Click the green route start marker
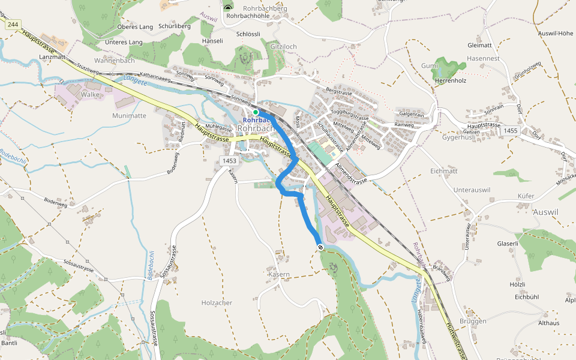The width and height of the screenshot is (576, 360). click(256, 112)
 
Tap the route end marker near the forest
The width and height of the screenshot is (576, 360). click(321, 247)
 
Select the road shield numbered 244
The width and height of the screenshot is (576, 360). click(12, 24)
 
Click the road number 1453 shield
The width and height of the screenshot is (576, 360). click(229, 161)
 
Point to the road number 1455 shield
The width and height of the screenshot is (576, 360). click(511, 130)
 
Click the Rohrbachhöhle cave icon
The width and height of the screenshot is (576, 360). click(228, 7)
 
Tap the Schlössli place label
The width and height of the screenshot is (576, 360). click(248, 34)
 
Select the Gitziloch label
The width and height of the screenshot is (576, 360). click(284, 47)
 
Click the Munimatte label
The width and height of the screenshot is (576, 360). click(129, 115)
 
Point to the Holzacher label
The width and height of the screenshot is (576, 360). click(217, 303)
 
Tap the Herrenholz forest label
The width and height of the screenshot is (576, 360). click(451, 80)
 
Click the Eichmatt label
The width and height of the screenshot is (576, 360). click(444, 171)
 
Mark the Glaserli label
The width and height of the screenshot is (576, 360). click(507, 244)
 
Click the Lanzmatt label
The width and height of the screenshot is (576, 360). click(52, 56)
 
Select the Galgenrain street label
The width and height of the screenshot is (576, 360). click(412, 114)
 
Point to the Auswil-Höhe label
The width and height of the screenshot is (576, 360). click(556, 33)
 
